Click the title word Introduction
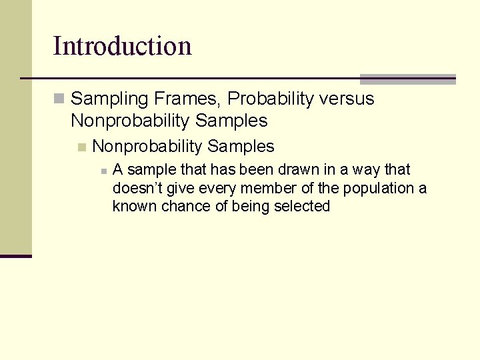tap(122, 46)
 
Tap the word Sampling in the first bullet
tap(109, 99)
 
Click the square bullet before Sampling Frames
tap(59, 99)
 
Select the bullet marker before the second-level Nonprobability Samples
tap(81, 147)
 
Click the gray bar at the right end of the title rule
tap(407, 79)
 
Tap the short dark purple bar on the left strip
tap(15, 256)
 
